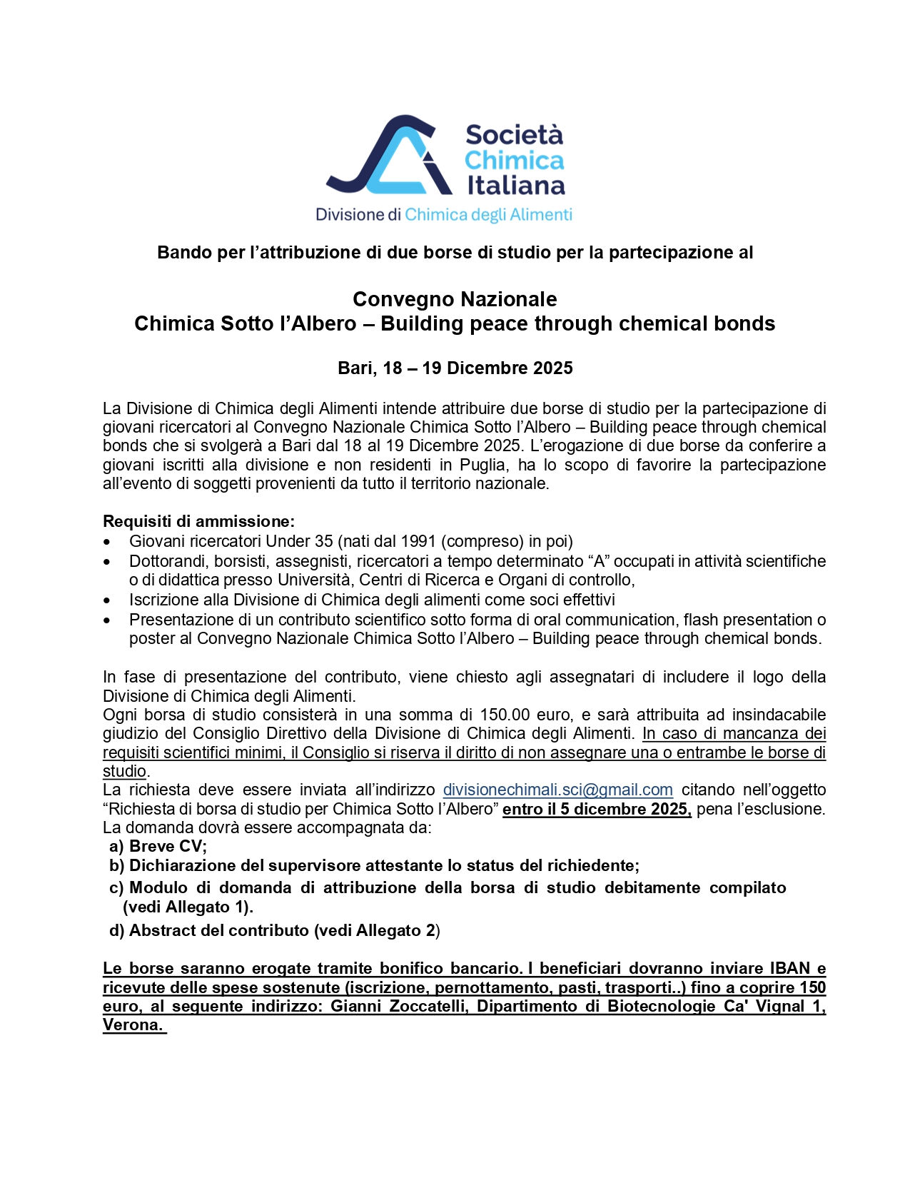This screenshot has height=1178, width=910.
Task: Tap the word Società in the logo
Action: click(514, 135)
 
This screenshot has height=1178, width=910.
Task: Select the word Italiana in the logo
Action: click(516, 186)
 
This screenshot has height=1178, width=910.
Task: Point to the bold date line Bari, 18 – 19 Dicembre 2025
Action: click(455, 368)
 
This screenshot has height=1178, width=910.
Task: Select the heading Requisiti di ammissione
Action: click(198, 521)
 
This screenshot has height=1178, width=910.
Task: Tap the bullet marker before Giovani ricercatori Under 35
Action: click(107, 543)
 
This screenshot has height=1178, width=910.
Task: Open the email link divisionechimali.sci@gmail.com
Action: click(557, 790)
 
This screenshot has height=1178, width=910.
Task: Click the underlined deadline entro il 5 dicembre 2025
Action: click(597, 810)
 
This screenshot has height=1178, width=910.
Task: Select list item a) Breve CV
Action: click(158, 847)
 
